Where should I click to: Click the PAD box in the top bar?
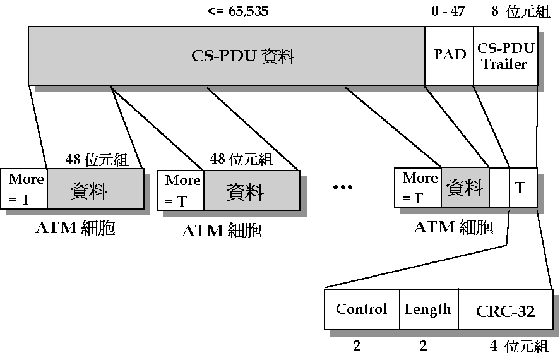449,56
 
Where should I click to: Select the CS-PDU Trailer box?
505,56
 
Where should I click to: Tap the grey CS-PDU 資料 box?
226,56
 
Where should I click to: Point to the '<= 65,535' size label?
237,11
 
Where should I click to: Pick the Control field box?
361,309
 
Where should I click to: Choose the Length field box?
428,309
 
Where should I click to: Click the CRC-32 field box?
504,309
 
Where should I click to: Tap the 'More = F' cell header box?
417,188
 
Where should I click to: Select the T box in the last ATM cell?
523,188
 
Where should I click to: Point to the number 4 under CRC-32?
493,345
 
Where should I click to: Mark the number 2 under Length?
423,345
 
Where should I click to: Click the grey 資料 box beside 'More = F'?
465,188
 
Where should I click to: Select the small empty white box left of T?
499,188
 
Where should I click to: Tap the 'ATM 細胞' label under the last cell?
453,227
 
